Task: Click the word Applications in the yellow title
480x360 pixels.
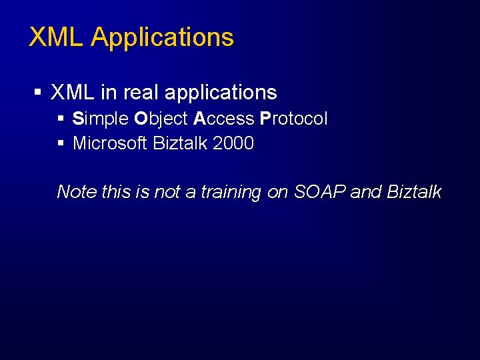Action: point(163,38)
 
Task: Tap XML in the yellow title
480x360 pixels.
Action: point(57,37)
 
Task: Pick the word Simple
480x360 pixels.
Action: point(101,120)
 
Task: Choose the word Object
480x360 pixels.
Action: point(161,120)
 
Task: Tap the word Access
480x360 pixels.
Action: point(224,119)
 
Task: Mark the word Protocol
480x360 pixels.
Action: point(294,119)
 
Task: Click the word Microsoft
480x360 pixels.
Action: point(110,143)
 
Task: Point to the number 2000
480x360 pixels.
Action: point(233,143)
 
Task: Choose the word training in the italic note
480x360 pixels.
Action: point(231,193)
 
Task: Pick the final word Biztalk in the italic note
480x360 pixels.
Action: point(414,192)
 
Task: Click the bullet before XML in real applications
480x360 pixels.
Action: point(38,93)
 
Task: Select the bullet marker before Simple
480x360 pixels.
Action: point(61,119)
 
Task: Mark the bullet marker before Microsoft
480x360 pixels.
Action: point(61,143)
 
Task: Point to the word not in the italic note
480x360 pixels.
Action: point(166,192)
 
